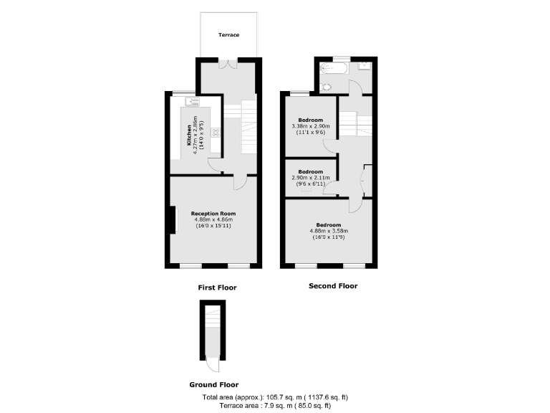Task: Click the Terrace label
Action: pyautogui.click(x=228, y=34)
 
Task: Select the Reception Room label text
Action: pyautogui.click(x=213, y=214)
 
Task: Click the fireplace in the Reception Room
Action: pyautogui.click(x=172, y=220)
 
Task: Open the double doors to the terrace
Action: pyautogui.click(x=228, y=65)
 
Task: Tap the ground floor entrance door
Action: pyautogui.click(x=211, y=364)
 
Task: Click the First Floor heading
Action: pyautogui.click(x=217, y=288)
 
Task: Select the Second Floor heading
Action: pyautogui.click(x=332, y=286)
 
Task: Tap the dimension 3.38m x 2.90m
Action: pyautogui.click(x=311, y=126)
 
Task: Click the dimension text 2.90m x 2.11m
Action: pyautogui.click(x=311, y=178)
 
